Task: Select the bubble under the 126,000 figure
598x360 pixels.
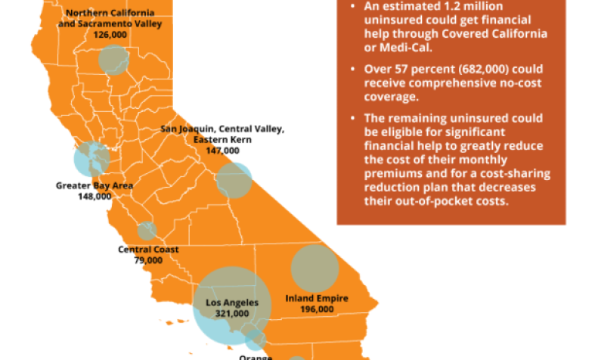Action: tap(114, 60)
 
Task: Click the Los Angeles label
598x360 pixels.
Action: tap(232, 303)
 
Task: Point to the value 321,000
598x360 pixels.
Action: tap(232, 313)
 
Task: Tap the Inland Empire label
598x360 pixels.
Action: tap(317, 298)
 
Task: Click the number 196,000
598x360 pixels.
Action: tap(317, 309)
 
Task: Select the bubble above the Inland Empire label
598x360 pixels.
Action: tap(314, 268)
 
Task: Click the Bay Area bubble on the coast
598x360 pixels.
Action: tap(91, 159)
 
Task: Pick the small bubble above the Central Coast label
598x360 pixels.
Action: tap(147, 230)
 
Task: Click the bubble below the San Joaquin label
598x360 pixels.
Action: tap(234, 180)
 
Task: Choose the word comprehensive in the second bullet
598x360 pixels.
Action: tap(449, 83)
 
